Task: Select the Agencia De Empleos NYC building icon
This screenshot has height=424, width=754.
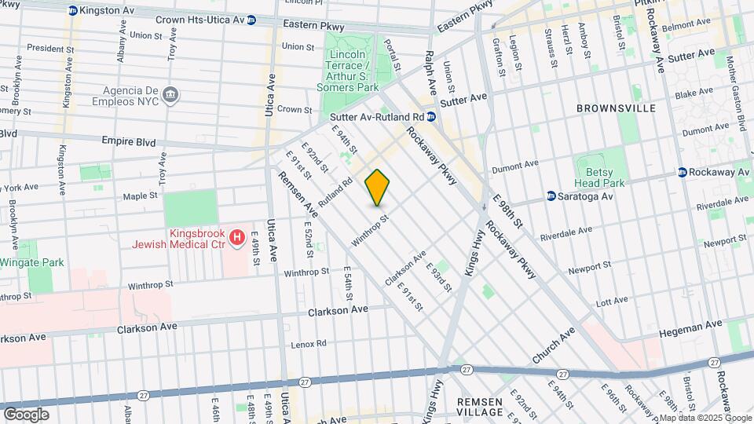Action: pos(170,96)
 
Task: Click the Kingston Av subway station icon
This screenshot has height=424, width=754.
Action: pos(73,10)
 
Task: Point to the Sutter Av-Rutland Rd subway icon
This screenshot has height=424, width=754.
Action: pos(432,117)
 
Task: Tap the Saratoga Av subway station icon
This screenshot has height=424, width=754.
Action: pos(551,196)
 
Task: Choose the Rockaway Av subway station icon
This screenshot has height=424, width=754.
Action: pos(683,172)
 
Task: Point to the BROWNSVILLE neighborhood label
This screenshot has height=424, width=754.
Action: pos(616,108)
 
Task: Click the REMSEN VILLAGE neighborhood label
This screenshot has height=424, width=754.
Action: pos(480,407)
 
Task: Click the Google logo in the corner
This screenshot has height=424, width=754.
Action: pos(26,414)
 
